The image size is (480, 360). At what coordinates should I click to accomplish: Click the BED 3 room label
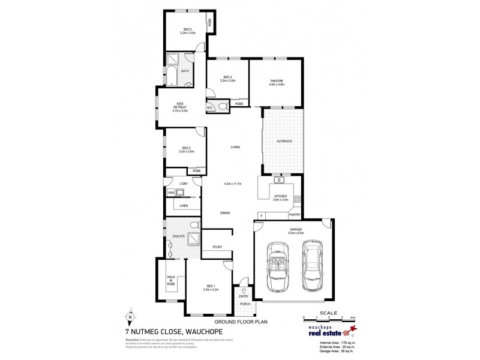pos(187,31)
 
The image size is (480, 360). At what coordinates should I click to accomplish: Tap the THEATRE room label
pos(276,83)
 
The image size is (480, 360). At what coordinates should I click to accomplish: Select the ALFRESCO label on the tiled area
pos(284,140)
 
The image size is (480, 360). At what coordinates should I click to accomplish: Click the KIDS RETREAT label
pos(180,108)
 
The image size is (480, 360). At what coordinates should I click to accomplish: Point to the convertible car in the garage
pos(278,265)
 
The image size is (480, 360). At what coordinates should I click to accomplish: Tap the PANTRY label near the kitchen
pos(294,214)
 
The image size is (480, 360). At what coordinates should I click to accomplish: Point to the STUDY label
pos(217,247)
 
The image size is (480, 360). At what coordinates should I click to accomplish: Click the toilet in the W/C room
pos(222,107)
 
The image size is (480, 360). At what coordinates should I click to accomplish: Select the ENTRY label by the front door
pos(244,296)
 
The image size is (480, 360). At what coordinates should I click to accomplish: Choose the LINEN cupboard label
pos(183,206)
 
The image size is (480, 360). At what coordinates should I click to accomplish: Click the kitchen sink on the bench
pos(279,179)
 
